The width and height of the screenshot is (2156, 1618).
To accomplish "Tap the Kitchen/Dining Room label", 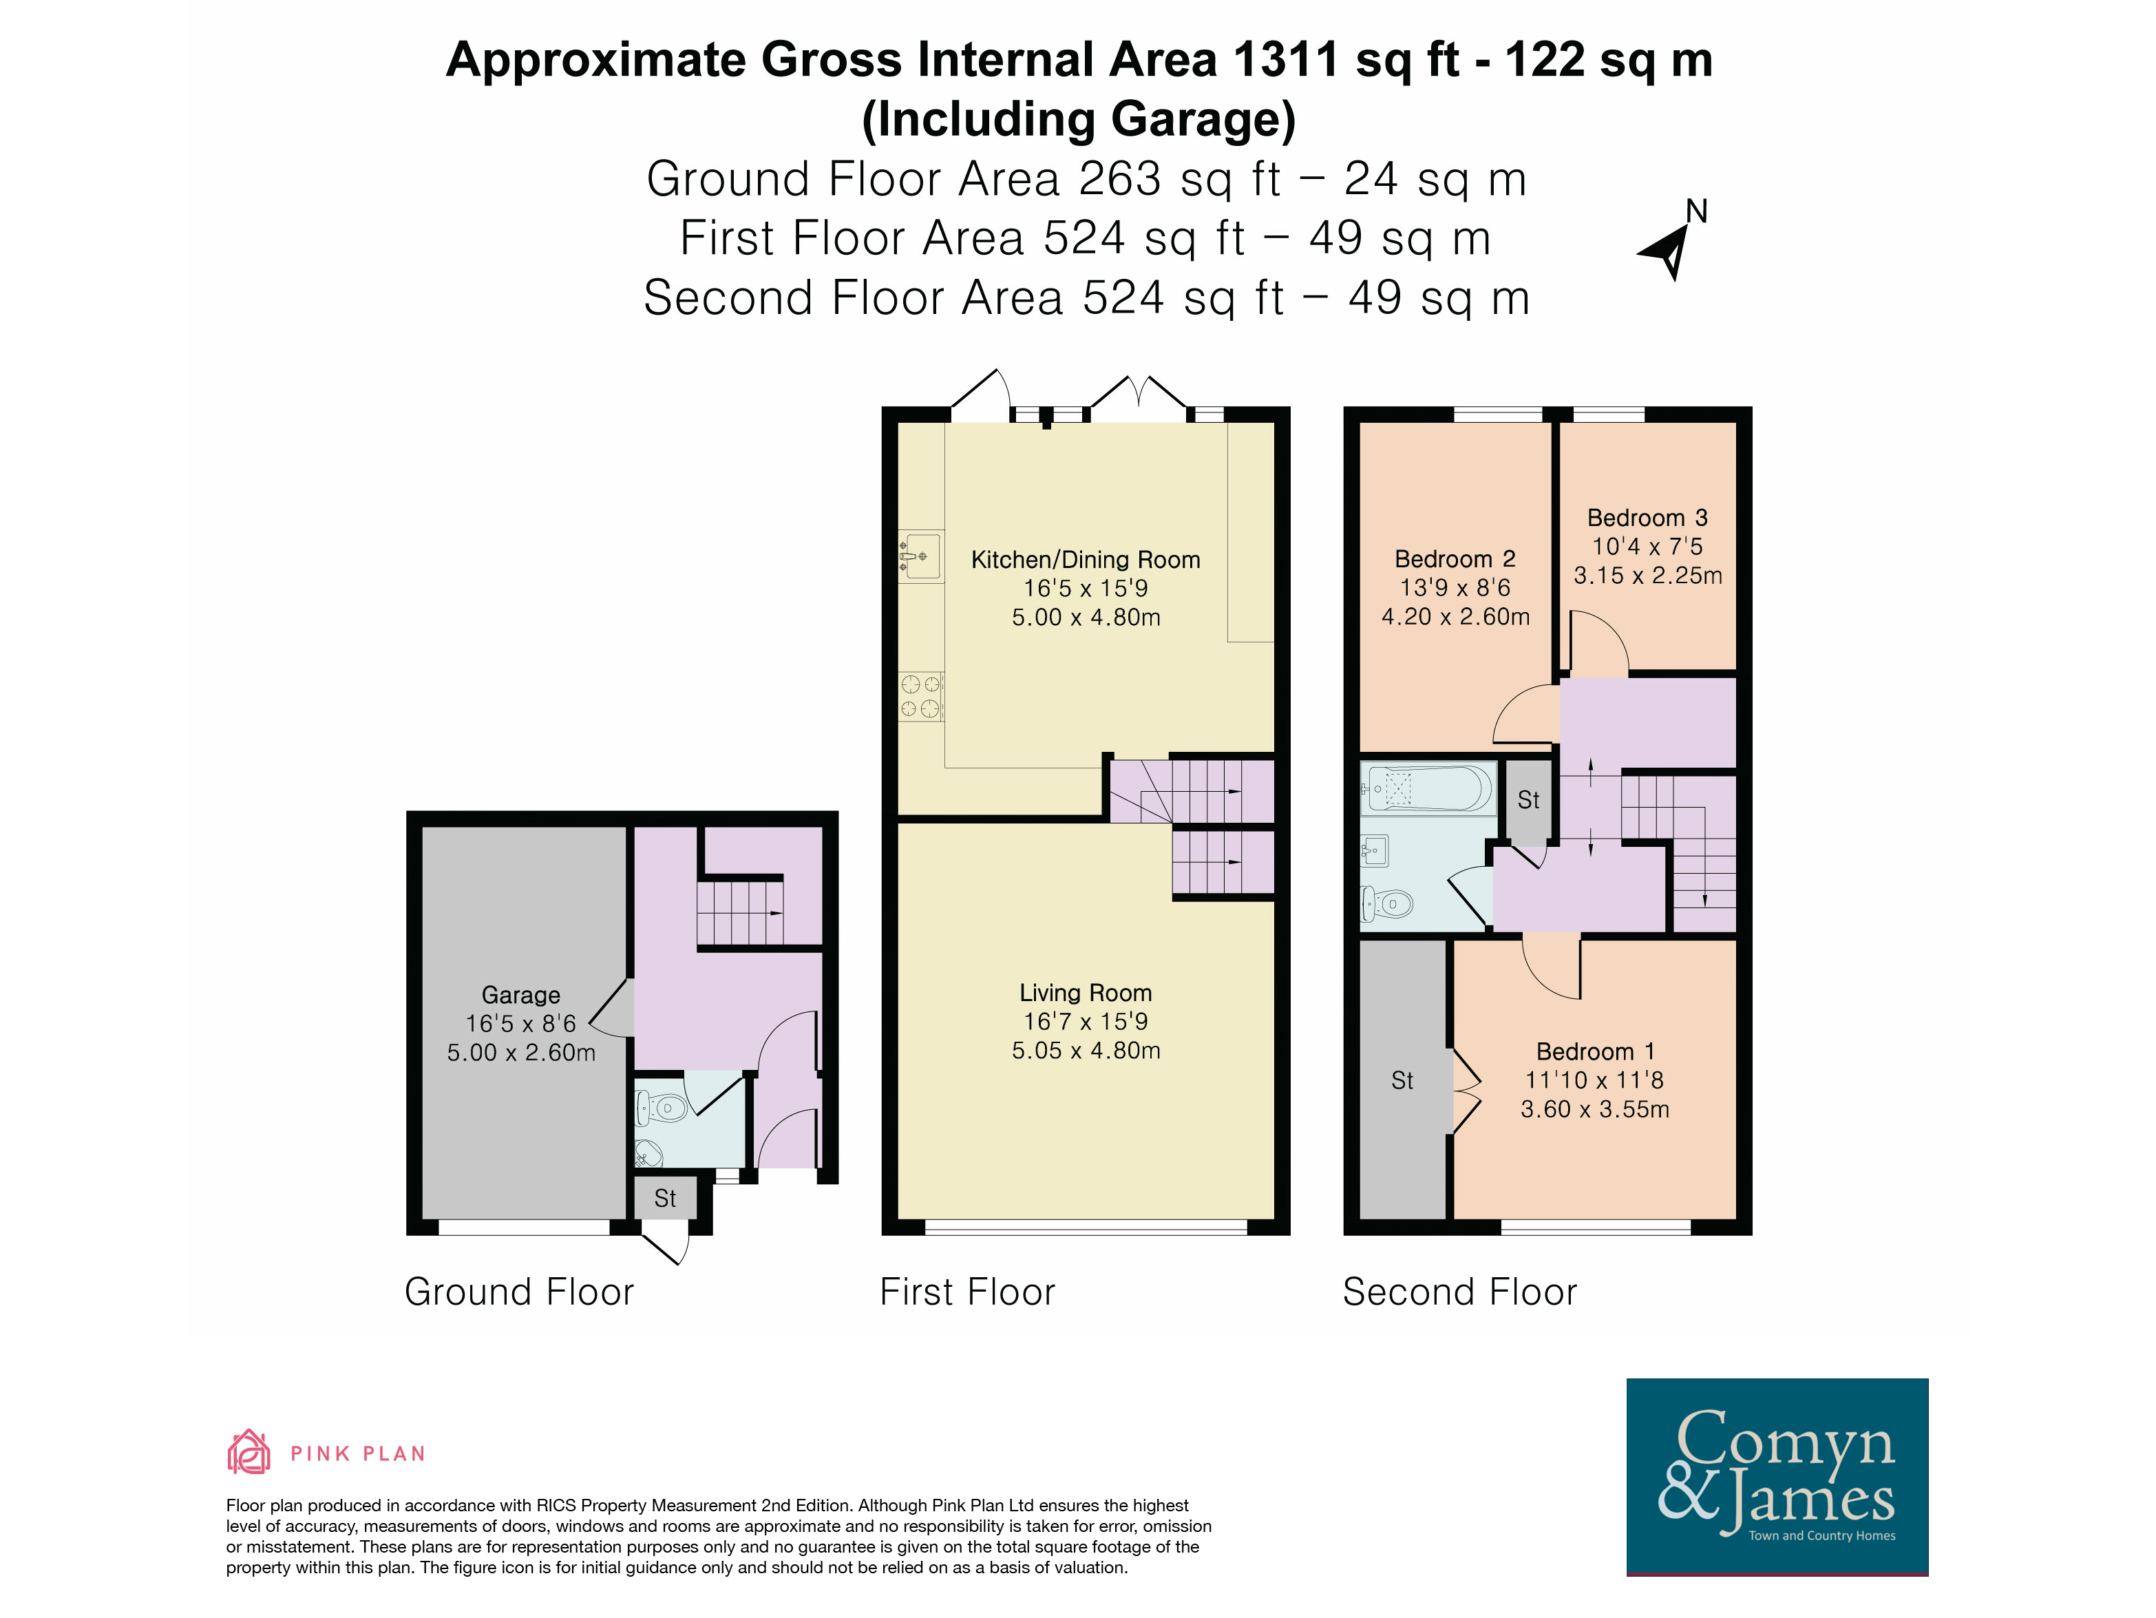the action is pos(1086,560).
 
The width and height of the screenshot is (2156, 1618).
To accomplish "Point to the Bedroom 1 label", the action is pos(1596,1052).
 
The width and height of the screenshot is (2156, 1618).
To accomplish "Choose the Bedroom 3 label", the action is pos(1647,518).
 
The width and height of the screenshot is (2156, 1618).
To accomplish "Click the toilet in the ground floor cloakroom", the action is pos(665,1107).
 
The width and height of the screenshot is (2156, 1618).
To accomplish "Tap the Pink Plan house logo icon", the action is pos(249,1451).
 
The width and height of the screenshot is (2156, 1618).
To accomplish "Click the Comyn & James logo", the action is pos(1777,1475).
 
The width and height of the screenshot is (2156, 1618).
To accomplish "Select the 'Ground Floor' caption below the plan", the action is pos(520,1292).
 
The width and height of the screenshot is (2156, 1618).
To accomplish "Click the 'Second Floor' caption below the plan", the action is pos(1459,1292).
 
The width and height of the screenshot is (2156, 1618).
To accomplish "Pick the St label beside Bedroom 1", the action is pos(1402,1080).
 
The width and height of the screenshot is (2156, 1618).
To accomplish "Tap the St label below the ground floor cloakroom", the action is pos(665,1198).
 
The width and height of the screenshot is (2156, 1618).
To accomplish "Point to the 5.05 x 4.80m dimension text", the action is pos(1086,1050).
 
